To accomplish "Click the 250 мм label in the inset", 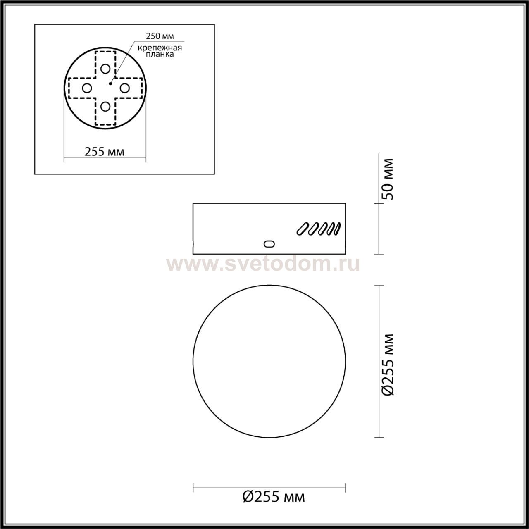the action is pyautogui.click(x=160, y=36).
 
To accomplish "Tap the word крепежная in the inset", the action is pyautogui.click(x=160, y=48).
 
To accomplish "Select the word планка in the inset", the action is pyautogui.click(x=160, y=55).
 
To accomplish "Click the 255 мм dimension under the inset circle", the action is pyautogui.click(x=104, y=152).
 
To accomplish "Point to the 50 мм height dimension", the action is pyautogui.click(x=388, y=179).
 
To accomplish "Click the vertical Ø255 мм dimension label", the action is pyautogui.click(x=388, y=365).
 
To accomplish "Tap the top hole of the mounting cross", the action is pyautogui.click(x=105, y=69).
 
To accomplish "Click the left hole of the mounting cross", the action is pyautogui.click(x=87, y=88).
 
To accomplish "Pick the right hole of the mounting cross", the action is pyautogui.click(x=125, y=88).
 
